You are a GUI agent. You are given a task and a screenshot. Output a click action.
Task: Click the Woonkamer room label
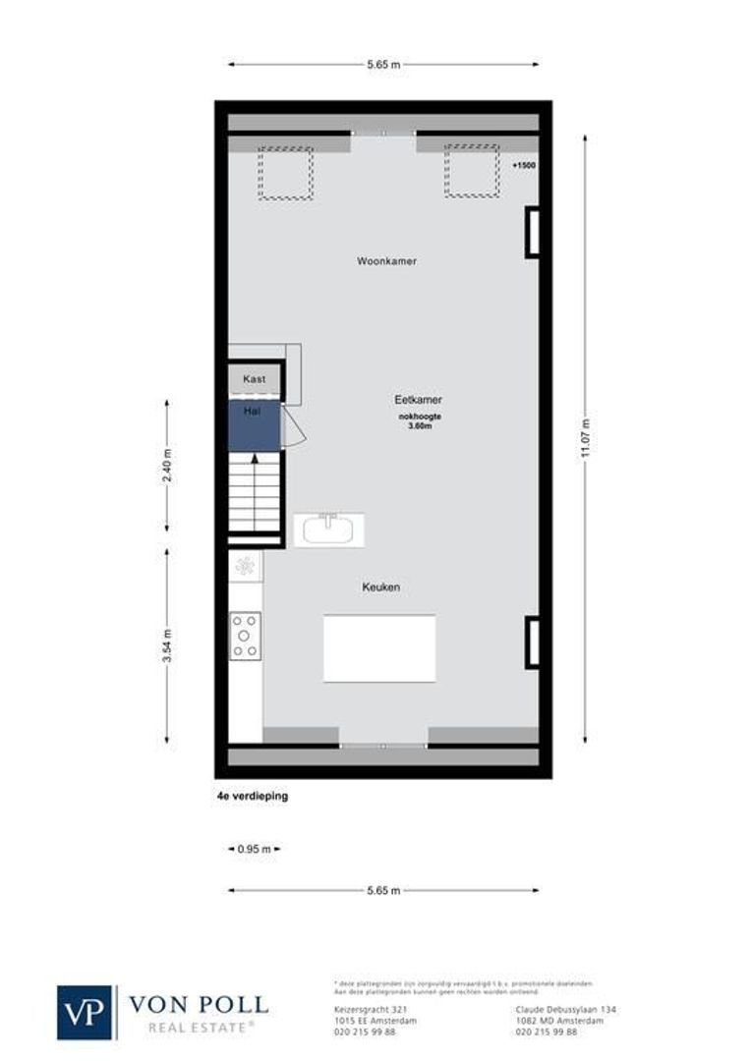(386, 261)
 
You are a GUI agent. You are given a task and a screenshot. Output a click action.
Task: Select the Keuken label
(379, 586)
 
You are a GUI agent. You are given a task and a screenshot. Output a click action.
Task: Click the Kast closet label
(255, 378)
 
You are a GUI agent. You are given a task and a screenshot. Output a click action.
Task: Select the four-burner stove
(245, 636)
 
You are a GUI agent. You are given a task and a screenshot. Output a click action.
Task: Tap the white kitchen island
(379, 647)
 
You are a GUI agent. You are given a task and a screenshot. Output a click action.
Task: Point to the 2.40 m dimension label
(167, 465)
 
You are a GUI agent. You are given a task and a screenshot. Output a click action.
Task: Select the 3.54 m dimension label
(167, 646)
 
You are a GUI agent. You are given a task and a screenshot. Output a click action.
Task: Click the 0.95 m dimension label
(254, 848)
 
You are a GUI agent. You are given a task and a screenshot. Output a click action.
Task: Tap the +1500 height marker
(524, 166)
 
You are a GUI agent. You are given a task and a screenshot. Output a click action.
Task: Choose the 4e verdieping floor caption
(253, 797)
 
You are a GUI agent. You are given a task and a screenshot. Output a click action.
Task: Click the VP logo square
(86, 1011)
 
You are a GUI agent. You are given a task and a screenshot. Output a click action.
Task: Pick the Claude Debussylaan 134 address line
(564, 1009)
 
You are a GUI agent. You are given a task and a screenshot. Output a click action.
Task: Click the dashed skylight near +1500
(471, 171)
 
